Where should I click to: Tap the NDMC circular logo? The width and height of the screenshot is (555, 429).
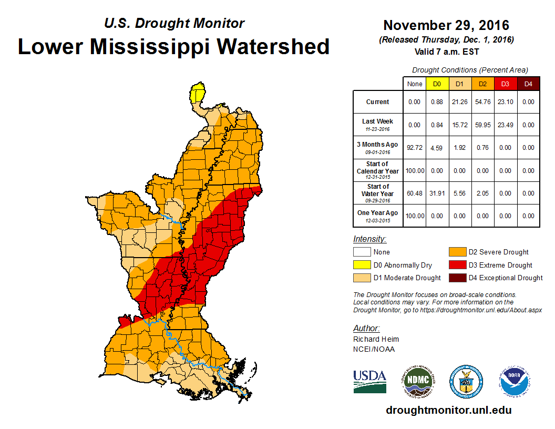point(417,381)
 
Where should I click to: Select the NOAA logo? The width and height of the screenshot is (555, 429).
point(515,381)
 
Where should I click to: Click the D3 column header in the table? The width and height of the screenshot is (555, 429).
point(505,84)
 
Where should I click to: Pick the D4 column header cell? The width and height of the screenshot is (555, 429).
point(528,84)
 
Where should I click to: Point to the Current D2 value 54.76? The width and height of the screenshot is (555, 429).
point(482,101)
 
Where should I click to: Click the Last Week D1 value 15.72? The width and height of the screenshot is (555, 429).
point(459,125)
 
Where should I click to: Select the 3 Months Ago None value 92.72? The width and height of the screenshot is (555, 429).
point(415,148)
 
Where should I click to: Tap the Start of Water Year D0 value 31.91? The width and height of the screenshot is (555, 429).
point(437,193)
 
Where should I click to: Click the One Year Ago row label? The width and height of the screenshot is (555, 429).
point(378,213)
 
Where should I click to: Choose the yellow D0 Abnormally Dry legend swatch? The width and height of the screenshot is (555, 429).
point(362,265)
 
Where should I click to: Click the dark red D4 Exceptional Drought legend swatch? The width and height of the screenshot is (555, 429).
point(457,278)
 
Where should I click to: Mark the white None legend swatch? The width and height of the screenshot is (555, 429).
point(362,252)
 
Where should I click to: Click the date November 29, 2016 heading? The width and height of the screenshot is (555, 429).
point(446,25)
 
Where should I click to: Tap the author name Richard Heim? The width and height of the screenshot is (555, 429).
point(376,339)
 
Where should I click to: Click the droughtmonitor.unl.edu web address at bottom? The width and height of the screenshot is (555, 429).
point(448,410)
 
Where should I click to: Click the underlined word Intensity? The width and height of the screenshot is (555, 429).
point(369,239)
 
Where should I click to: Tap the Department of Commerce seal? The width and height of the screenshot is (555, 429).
point(466,381)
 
